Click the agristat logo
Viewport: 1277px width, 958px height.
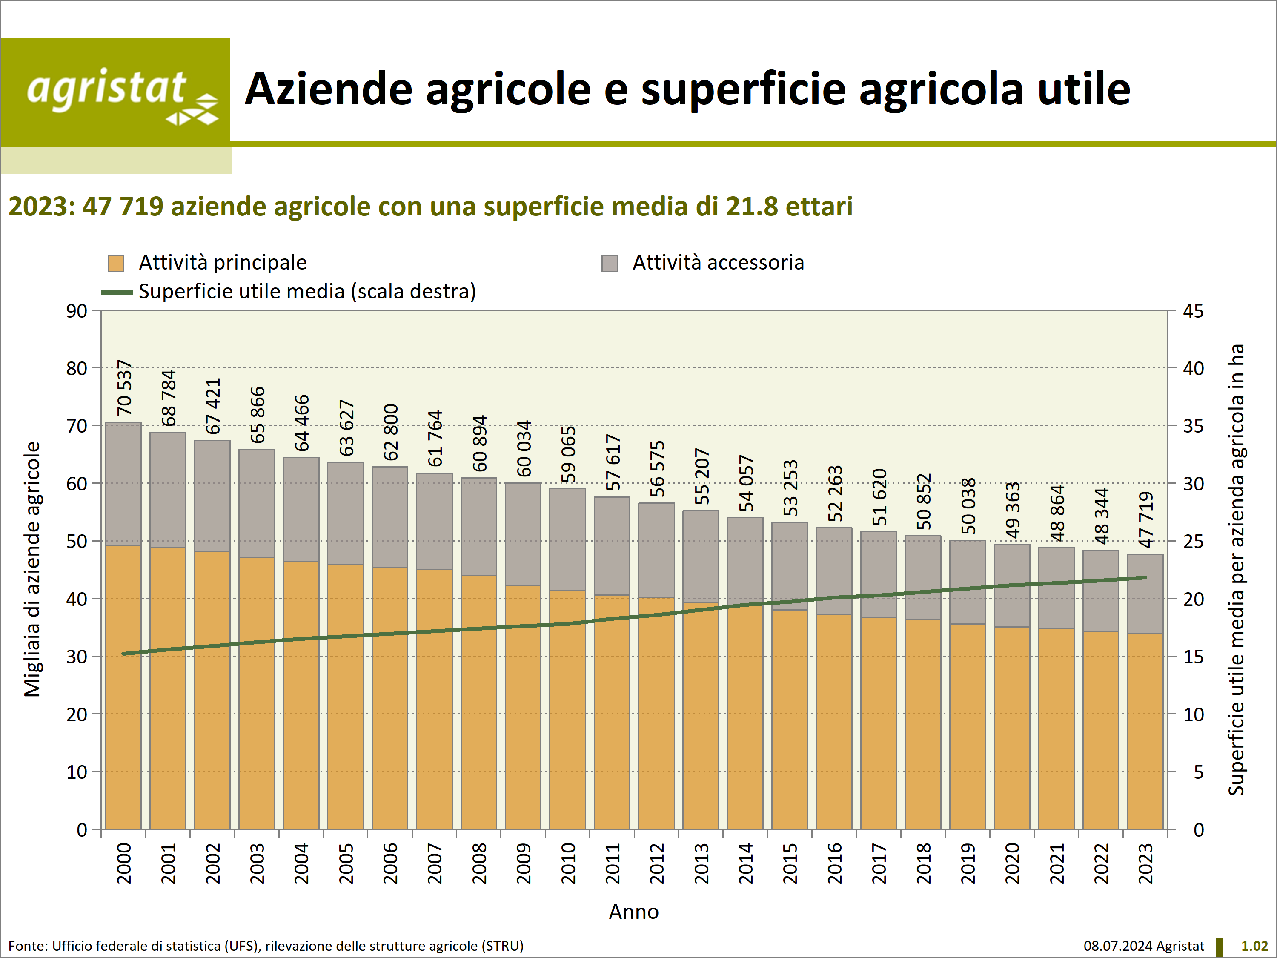point(115,92)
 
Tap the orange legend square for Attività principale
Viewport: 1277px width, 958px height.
point(116,263)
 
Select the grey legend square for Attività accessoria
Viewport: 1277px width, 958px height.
point(610,263)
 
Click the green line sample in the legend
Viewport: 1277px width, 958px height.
point(117,292)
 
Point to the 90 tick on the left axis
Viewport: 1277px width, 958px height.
point(76,311)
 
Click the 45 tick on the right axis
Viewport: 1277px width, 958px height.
point(1193,311)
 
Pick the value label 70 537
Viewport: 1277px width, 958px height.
point(124,387)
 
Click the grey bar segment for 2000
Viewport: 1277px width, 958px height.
point(123,484)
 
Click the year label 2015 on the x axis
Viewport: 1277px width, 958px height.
point(790,863)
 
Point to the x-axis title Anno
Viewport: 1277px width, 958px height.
point(633,912)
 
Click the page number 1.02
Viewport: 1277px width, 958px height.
point(1254,946)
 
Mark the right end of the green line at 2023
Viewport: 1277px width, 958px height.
point(1145,577)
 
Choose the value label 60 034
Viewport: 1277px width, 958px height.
point(524,449)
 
